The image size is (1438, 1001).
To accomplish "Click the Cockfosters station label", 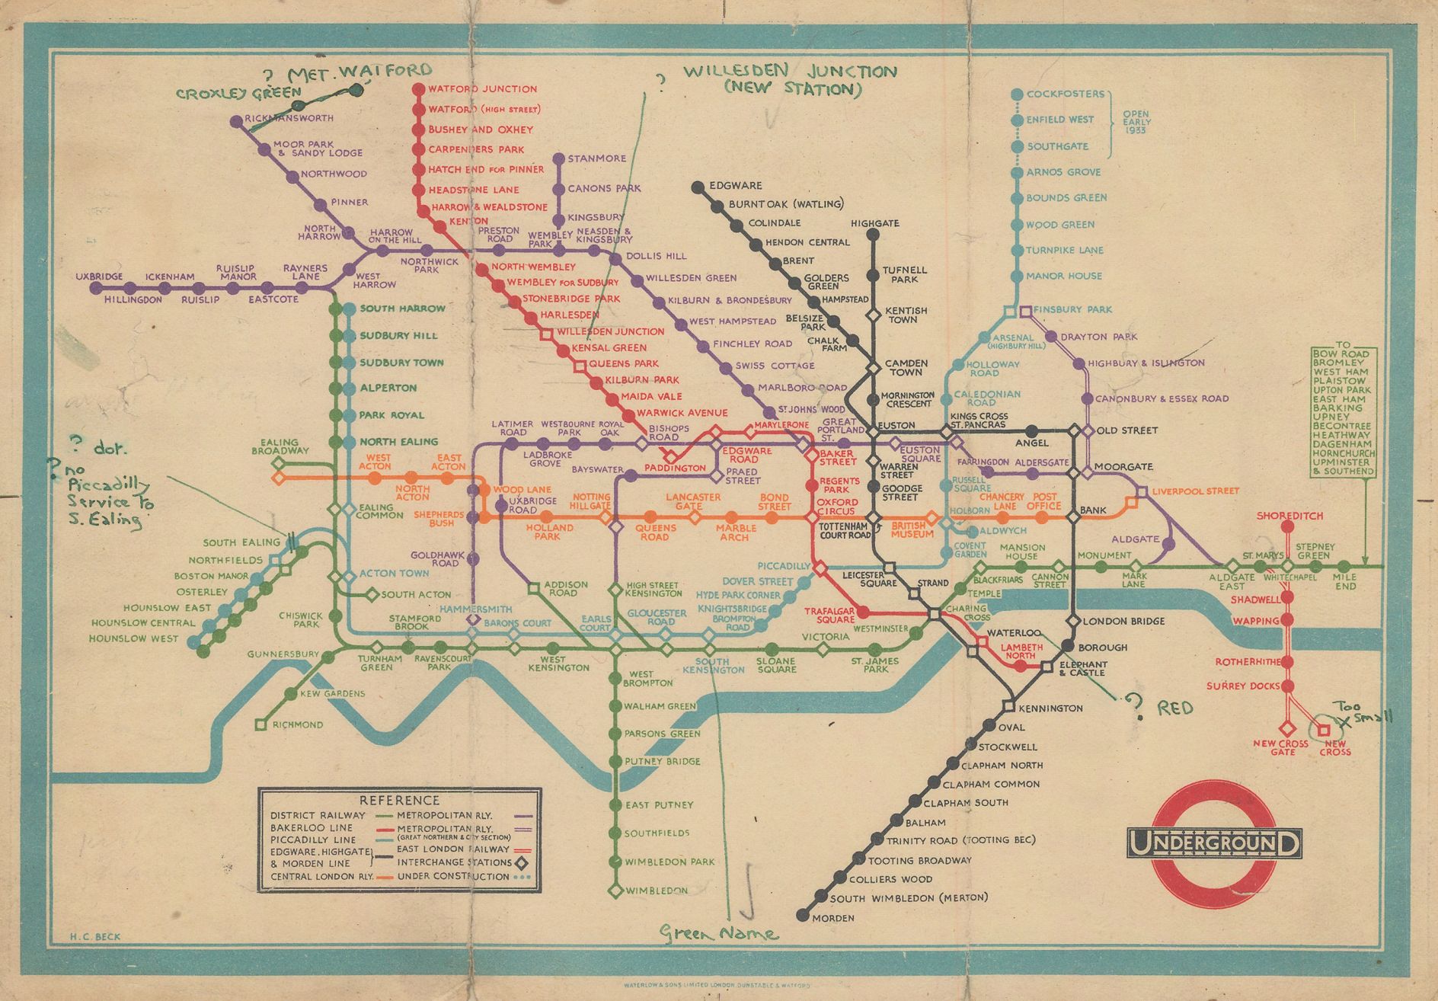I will coord(1065,94).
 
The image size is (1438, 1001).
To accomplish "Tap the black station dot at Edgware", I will coord(697,186).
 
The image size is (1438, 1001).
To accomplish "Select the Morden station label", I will coord(833,918).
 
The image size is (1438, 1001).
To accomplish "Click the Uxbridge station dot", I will coord(96,288).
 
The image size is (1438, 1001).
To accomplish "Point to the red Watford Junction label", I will coord(482,89).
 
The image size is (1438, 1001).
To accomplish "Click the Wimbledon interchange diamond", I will coord(615,891).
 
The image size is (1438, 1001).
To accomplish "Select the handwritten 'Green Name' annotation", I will coord(719,933).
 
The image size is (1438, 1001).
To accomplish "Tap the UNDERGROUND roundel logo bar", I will coord(1214,843).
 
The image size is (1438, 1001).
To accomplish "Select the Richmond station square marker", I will coord(260,724).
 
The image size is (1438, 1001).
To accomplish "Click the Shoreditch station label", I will coord(1289,516).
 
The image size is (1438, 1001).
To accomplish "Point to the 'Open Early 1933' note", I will coord(1136,122).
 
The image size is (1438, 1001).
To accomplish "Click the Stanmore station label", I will coord(596,158).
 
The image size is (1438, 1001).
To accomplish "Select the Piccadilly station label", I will coord(784,566).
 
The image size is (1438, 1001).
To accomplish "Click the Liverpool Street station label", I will coord(1195,491).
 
